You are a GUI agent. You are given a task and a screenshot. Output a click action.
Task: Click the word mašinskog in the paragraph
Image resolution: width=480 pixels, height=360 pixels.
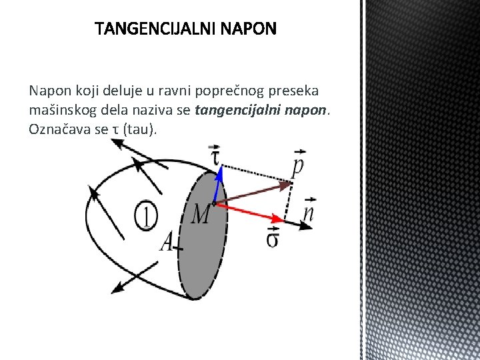coord(59,109)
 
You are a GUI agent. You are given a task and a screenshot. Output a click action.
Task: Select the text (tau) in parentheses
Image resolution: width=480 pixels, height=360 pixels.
coord(141,129)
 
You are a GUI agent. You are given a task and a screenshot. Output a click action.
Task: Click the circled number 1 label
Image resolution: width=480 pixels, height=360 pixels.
coord(146,214)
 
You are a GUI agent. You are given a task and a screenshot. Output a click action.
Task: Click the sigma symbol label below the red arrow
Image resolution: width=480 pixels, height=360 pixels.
coord(273,237)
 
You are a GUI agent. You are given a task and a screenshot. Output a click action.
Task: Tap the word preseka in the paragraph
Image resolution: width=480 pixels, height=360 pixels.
coord(297,90)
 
